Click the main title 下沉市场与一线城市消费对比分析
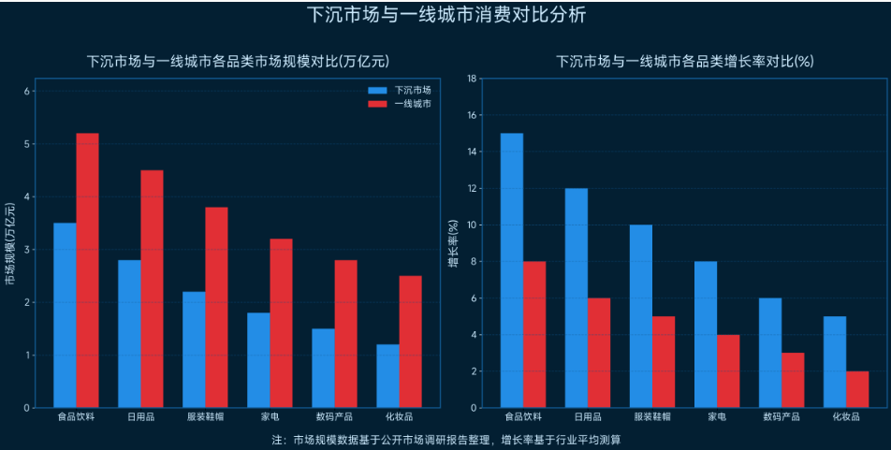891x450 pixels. point(446,15)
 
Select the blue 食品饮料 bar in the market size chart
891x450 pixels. point(65,315)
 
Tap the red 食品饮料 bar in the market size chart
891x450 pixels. point(87,270)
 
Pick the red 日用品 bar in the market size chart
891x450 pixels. point(152,289)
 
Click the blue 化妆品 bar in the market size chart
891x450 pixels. point(387,376)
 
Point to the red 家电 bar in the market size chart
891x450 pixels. point(281,323)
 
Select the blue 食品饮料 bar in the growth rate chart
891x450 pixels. point(512,270)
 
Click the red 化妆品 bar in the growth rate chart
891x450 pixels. point(856,389)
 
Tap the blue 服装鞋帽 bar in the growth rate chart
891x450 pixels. point(641,316)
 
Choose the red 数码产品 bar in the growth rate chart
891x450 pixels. point(792,380)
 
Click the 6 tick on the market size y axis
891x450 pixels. point(27,91)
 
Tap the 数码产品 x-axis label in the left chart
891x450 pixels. point(324,417)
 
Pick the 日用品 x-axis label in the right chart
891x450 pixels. point(588,417)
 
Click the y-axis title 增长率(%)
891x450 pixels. point(453,243)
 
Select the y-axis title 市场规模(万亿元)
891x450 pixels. point(10,243)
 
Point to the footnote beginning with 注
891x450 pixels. point(446,439)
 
